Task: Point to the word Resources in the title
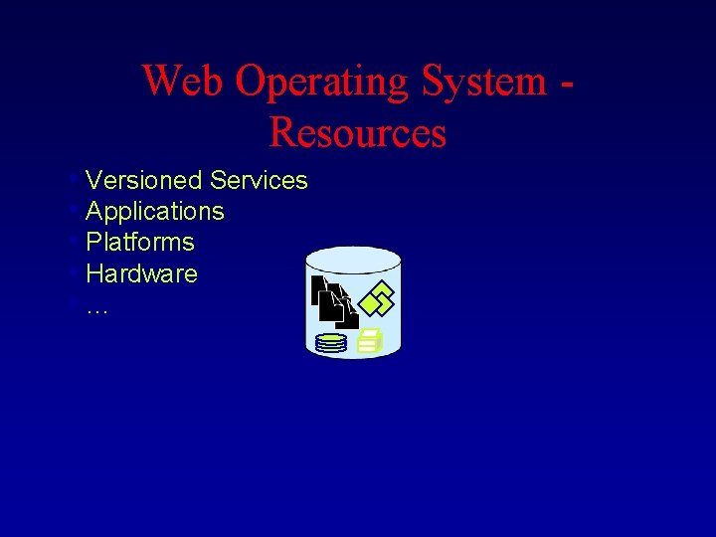358,132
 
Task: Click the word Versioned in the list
144,180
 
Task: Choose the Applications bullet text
155,211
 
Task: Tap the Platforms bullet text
140,242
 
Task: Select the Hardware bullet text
142,272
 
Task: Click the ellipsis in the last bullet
96,306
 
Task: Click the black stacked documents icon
334,301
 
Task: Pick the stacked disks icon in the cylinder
330,343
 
